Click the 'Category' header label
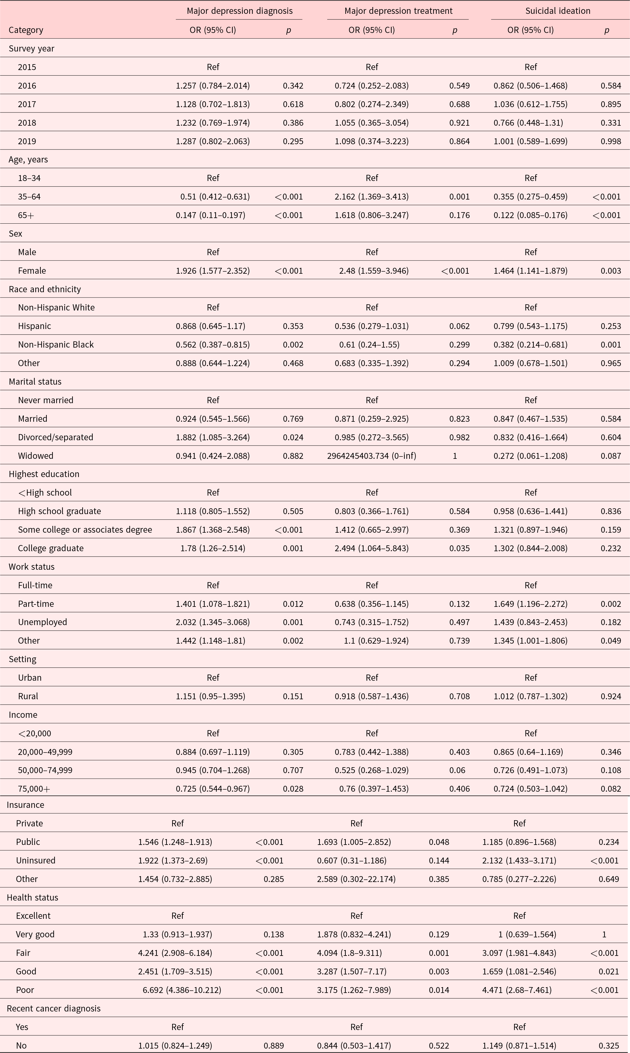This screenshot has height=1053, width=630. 26,30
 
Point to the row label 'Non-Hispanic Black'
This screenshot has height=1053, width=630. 56,344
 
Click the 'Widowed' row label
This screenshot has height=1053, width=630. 36,456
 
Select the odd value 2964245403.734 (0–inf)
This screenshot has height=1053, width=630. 371,456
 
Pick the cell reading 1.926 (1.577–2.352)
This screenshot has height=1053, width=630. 213,270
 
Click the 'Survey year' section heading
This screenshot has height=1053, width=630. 31,48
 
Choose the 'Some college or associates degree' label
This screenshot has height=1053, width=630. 85,529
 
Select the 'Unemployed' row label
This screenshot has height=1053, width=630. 42,622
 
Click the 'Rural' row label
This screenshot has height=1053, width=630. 28,696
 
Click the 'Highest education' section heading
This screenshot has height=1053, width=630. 44,474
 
